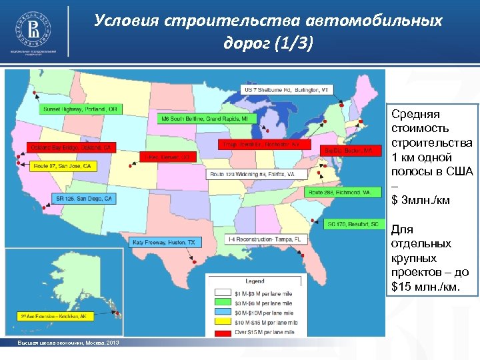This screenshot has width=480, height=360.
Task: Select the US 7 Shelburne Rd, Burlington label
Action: pyautogui.click(x=286, y=89)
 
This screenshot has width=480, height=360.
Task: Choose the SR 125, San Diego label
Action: pyautogui.click(x=83, y=199)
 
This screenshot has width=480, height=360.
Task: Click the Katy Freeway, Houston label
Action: pyautogui.click(x=164, y=243)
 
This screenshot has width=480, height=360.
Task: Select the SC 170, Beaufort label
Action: pyautogui.click(x=352, y=225)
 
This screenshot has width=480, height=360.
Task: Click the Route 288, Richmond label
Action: pyautogui.click(x=338, y=192)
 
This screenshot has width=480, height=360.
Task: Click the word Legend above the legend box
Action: pyautogui.click(x=255, y=281)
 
